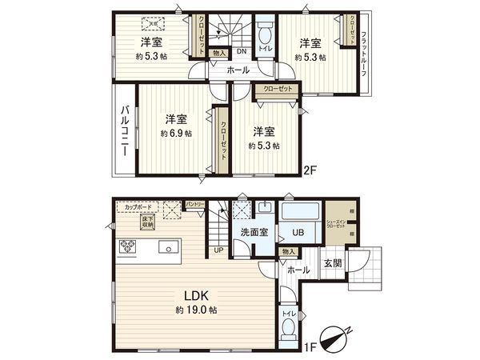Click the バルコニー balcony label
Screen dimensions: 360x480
tap(126, 134)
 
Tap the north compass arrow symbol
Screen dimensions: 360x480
tap(336, 337)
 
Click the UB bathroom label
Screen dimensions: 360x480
tap(298, 234)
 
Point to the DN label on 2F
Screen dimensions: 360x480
tap(241, 52)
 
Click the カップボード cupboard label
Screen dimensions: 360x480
tap(139, 206)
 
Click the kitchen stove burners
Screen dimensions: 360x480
tap(129, 246)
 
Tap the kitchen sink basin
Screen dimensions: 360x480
tap(170, 246)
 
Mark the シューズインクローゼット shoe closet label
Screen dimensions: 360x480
tap(335, 224)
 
